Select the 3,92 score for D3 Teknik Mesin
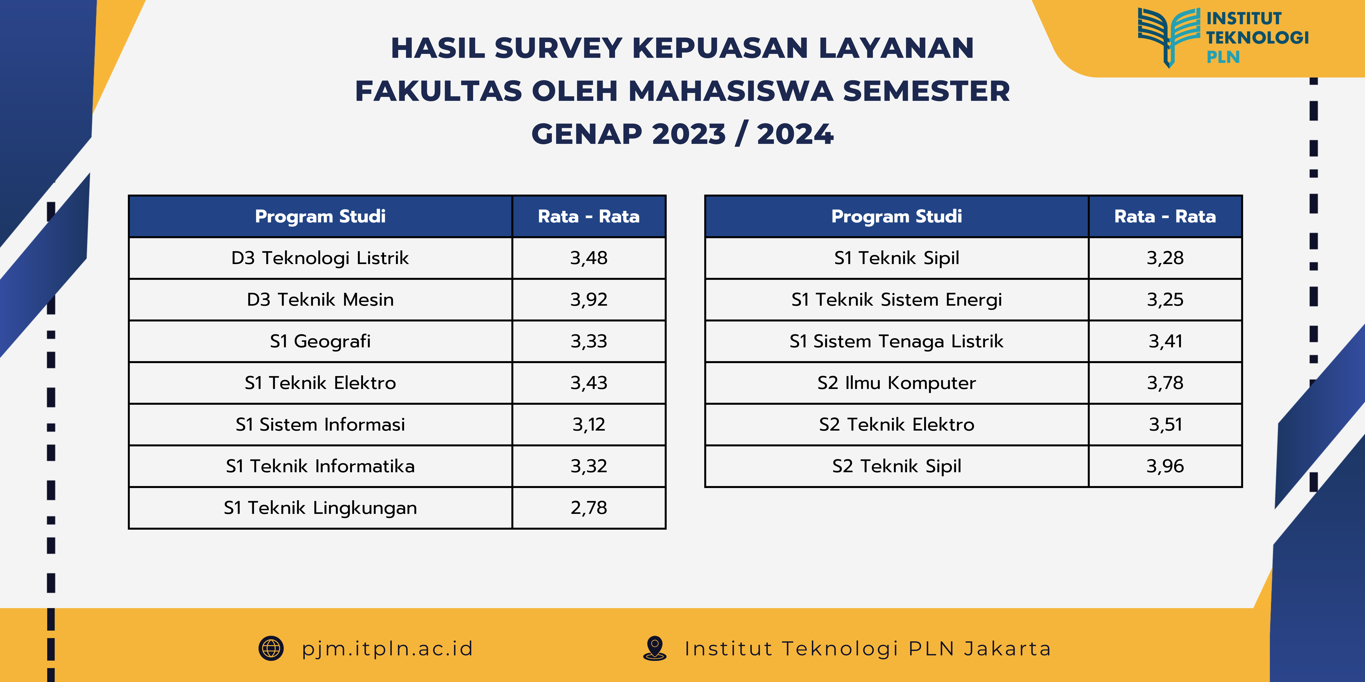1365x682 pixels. pos(589,300)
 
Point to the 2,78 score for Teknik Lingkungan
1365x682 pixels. pos(589,508)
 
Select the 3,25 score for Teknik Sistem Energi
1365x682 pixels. pos(1165,300)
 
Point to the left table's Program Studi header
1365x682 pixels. pos(320,216)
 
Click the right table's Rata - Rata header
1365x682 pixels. pos(1165,216)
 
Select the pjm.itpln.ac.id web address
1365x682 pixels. pos(387,649)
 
